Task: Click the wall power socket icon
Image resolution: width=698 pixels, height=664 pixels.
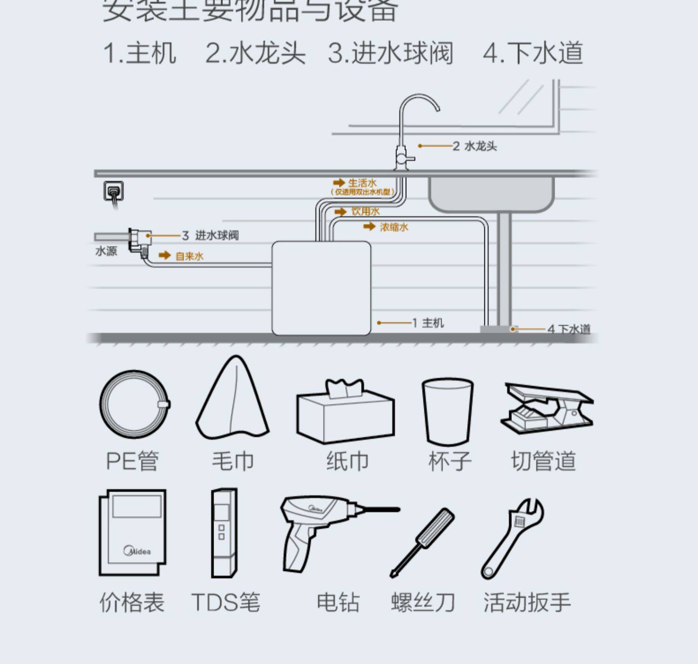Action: (114, 191)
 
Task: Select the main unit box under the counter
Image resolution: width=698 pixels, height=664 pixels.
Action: (321, 287)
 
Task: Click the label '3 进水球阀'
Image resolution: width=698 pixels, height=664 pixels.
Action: (210, 235)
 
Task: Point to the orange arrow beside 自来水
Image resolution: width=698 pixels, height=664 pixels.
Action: (164, 255)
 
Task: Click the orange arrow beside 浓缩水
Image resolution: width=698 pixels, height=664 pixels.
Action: (369, 226)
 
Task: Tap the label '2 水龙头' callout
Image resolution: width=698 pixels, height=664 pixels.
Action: (475, 146)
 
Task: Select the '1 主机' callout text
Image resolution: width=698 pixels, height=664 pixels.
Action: (428, 323)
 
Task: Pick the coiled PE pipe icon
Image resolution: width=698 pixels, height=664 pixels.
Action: (134, 405)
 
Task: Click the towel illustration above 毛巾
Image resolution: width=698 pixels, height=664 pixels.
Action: (233, 400)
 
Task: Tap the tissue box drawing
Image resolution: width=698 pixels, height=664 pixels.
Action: (345, 412)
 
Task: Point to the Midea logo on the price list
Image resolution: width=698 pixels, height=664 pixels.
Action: (137, 551)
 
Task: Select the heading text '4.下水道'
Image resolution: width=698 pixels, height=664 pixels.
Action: (533, 53)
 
